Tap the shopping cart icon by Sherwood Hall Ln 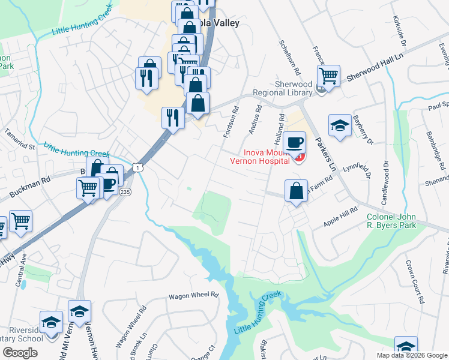(328, 76)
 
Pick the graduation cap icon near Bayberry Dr (340, 126)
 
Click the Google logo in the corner (20, 353)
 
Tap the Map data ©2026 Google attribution (411, 355)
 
